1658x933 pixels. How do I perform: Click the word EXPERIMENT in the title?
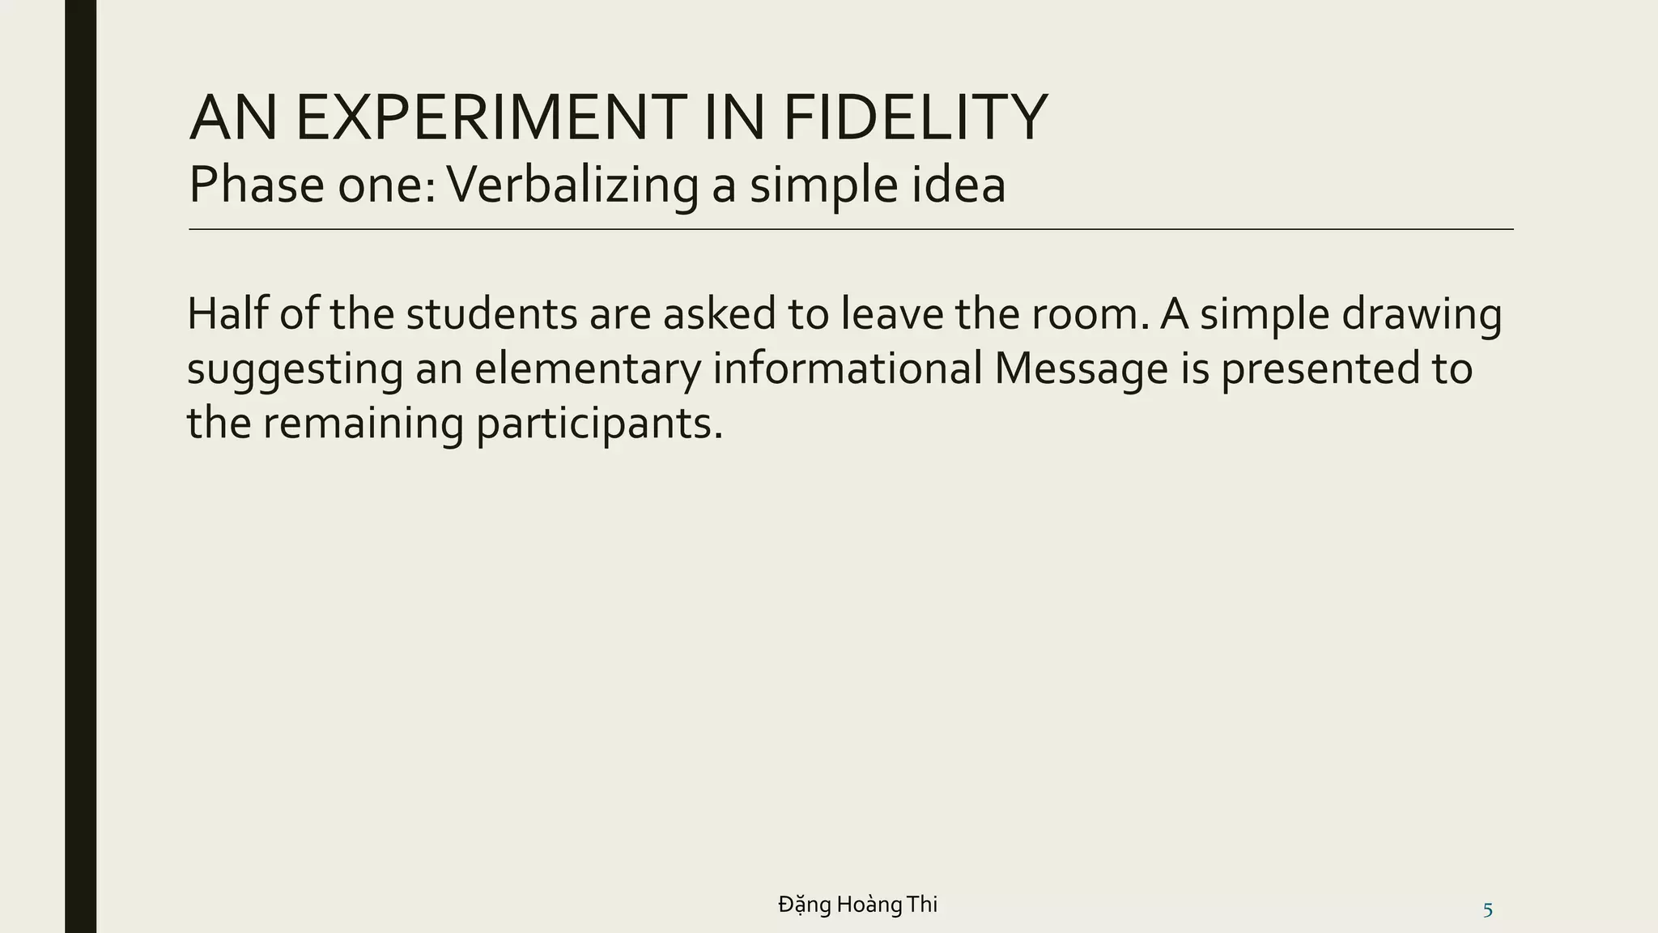tap(491, 118)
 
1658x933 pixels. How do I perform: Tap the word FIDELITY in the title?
tap(915, 118)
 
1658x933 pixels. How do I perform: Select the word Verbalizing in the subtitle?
tap(572, 185)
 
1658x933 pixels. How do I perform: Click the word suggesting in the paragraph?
tap(295, 369)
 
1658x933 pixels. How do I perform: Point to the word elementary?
tap(587, 369)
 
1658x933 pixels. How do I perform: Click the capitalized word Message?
tap(1081, 369)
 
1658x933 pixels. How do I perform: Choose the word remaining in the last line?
tap(363, 424)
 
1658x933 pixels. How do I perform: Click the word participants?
tap(598, 424)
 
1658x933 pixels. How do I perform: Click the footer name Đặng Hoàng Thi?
tap(857, 904)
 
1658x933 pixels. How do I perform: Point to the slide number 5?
tap(1487, 910)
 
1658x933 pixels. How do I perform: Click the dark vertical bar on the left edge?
tap(80, 466)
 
